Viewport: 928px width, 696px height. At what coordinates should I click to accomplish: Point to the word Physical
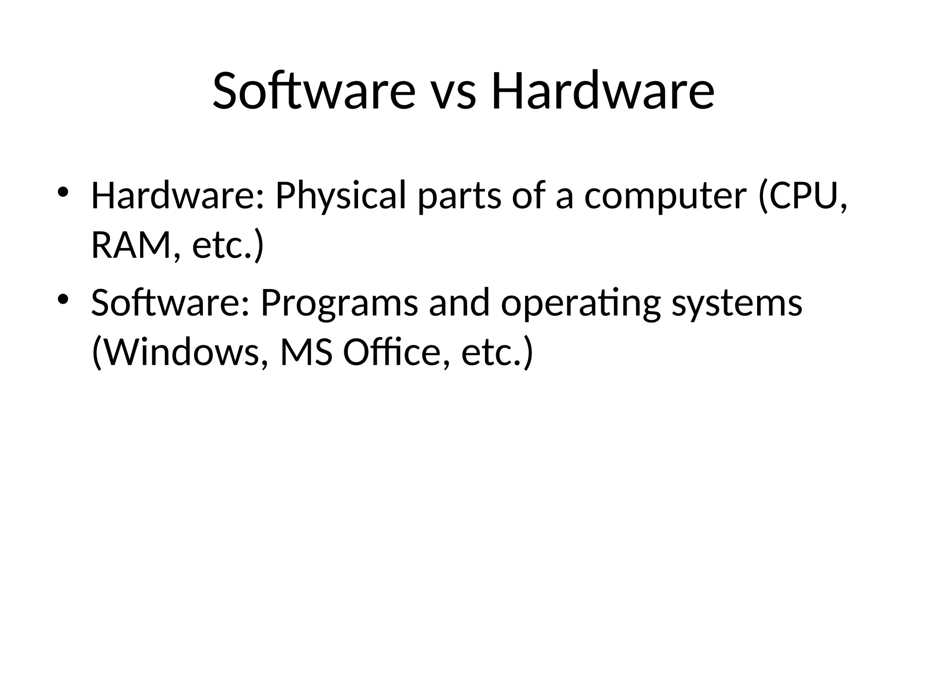(341, 196)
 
